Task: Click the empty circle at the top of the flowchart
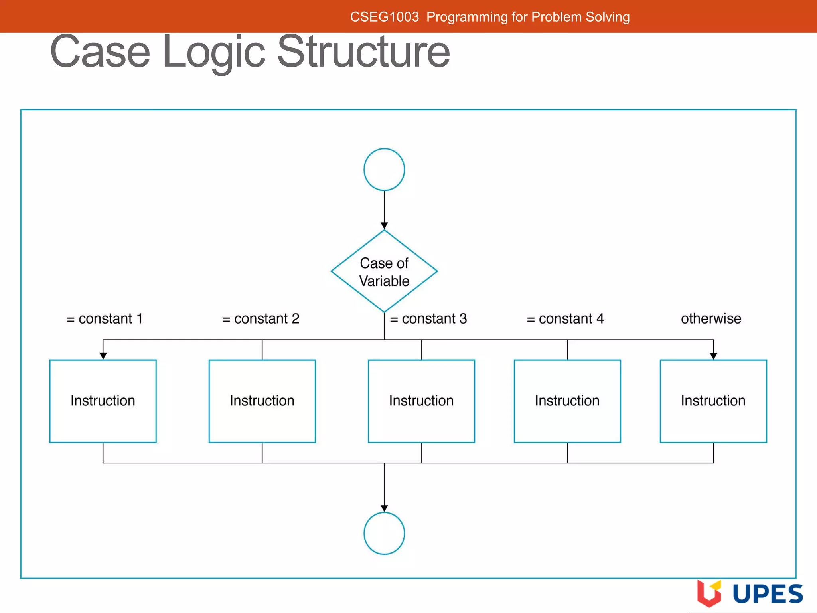384,170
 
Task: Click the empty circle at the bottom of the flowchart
384,533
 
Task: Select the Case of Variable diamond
384,271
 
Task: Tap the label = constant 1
105,319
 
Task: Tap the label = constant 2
260,319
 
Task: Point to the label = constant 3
428,319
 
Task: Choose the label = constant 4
565,319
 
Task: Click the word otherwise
711,319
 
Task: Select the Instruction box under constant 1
103,401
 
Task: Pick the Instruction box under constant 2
262,401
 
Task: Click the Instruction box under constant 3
421,401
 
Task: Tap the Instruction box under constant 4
567,401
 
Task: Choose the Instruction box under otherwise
713,401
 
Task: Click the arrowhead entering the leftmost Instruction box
103,356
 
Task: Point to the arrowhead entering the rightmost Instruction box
713,356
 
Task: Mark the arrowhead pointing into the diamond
384,226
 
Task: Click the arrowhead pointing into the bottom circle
384,508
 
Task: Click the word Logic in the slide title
214,52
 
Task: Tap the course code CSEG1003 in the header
385,17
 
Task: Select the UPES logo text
768,594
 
